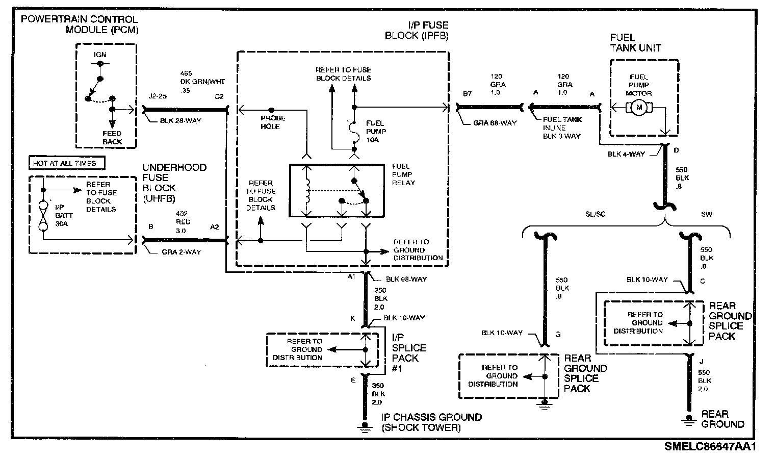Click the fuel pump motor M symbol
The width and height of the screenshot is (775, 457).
(x=638, y=108)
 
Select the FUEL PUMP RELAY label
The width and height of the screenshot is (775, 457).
(x=403, y=174)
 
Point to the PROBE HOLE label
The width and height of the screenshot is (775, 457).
(x=273, y=122)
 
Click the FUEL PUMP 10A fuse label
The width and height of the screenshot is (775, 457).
(x=376, y=132)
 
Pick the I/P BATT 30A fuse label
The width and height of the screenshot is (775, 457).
(x=60, y=216)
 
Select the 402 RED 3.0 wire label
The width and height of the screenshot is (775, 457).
(x=182, y=222)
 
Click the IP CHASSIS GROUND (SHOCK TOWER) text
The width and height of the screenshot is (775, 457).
(x=431, y=422)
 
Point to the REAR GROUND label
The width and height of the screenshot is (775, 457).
(x=722, y=419)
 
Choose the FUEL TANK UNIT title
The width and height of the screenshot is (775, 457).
(x=635, y=43)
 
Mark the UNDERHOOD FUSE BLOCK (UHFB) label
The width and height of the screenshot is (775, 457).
(x=174, y=183)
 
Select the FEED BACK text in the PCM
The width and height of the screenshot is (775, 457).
(x=112, y=138)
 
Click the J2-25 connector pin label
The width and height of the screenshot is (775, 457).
(x=158, y=96)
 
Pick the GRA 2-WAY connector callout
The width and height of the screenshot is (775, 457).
(x=181, y=252)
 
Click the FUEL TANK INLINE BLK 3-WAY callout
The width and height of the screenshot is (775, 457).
(x=562, y=128)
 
